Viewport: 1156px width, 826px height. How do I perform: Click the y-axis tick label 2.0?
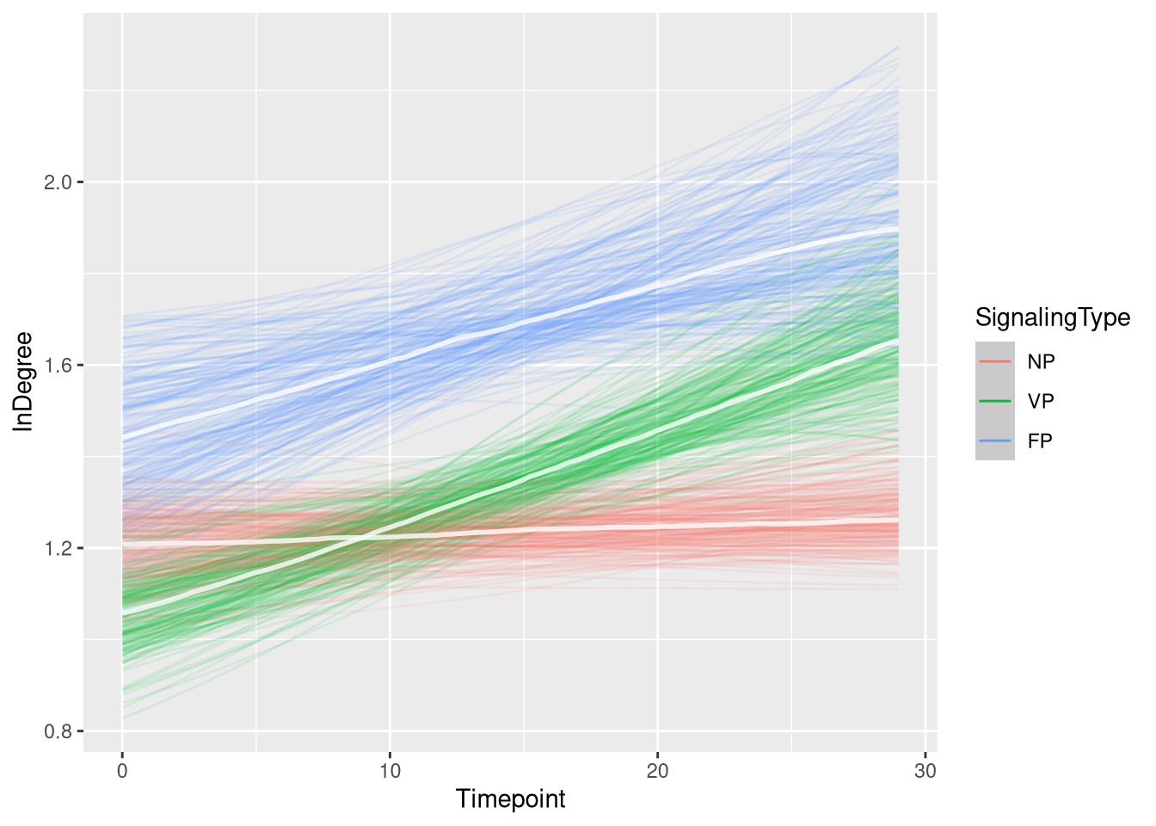(x=57, y=182)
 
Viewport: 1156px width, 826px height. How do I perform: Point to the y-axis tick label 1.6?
(x=57, y=366)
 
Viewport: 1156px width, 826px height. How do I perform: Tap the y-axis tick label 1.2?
(x=57, y=548)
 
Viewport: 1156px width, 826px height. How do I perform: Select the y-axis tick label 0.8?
(x=57, y=731)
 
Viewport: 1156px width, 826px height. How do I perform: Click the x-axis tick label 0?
(x=122, y=771)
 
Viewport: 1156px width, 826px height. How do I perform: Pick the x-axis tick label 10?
(x=390, y=771)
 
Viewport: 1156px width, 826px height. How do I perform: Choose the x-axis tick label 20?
(x=657, y=771)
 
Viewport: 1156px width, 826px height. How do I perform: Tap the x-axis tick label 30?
(x=925, y=771)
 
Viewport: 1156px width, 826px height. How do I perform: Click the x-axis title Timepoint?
(x=511, y=799)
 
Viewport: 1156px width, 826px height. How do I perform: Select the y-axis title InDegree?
(x=23, y=381)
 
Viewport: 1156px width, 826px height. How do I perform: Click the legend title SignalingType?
(x=1052, y=317)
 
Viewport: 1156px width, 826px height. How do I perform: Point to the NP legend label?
(x=1041, y=361)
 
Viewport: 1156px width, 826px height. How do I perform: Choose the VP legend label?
(x=1041, y=401)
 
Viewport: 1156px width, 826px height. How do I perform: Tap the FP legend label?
(x=1040, y=441)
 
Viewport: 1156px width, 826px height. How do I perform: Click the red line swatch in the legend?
(x=995, y=361)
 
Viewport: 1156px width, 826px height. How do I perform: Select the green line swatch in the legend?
(x=995, y=401)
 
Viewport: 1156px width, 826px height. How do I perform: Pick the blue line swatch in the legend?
(x=995, y=441)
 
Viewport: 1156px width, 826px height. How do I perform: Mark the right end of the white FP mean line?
(x=898, y=229)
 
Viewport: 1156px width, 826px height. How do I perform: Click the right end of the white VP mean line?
(x=898, y=341)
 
